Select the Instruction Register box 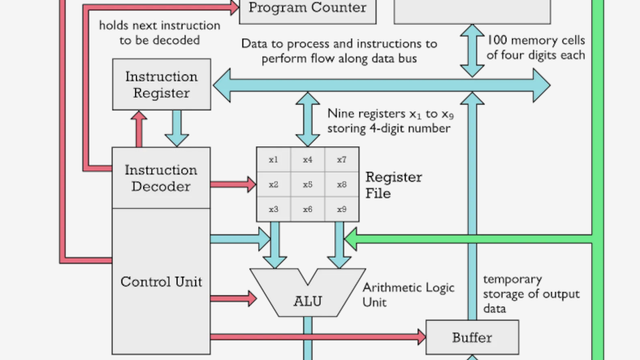click(162, 85)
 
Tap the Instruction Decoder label click(161, 178)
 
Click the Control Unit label click(161, 282)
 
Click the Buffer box click(472, 337)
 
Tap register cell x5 click(307, 185)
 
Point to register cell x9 click(342, 210)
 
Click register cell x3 click(274, 210)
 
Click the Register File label click(394, 185)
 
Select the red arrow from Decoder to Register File click(233, 185)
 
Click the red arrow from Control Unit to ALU click(233, 298)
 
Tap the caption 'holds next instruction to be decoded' click(149, 32)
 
